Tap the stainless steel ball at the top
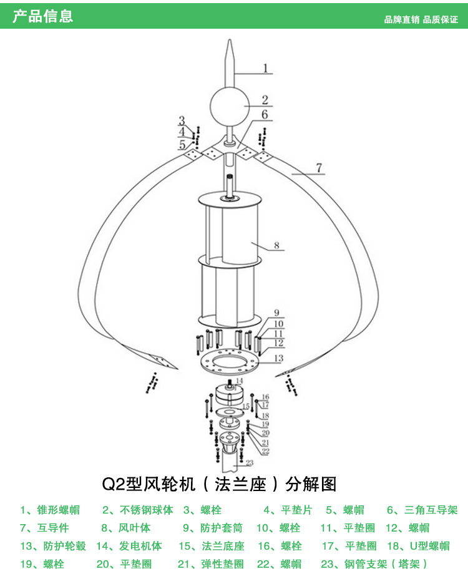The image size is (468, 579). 228,107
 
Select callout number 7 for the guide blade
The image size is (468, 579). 318,168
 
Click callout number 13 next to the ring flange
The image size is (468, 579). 278,358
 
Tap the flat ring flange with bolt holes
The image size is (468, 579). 228,361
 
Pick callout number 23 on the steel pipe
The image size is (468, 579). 249,463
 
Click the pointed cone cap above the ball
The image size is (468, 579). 228,62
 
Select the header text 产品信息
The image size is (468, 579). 42,16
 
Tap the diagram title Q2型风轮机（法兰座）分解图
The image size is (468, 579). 219,485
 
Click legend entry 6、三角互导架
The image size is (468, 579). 422,510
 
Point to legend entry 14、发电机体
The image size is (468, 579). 129,546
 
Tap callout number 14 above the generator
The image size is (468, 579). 238,380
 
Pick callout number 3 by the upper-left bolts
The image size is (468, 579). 182,120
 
